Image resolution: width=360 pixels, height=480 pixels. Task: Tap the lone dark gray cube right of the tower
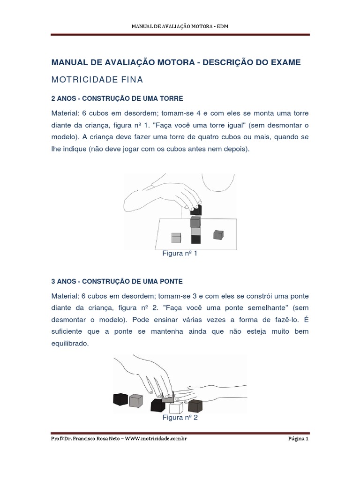click(218, 234)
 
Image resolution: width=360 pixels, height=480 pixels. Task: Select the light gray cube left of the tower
click(176, 238)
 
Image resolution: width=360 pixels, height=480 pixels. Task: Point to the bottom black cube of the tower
click(196, 239)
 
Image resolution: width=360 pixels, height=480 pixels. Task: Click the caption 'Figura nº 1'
click(180, 254)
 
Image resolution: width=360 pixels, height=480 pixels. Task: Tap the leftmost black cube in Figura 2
click(120, 399)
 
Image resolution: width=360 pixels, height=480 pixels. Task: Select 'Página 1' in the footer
click(298, 439)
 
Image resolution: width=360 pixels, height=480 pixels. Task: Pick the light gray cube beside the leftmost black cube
click(136, 400)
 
